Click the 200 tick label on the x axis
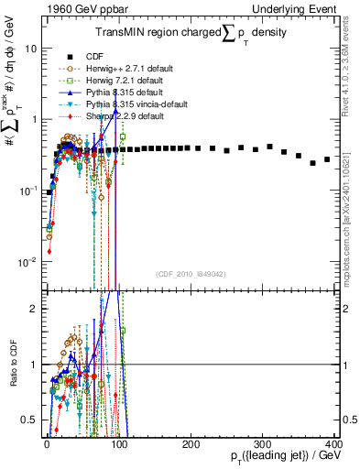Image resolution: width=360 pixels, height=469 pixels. (191, 444)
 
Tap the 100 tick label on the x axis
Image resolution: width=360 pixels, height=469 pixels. (119, 444)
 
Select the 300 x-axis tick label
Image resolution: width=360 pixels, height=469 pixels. (262, 444)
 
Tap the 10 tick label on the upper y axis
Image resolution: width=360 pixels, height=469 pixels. (31, 49)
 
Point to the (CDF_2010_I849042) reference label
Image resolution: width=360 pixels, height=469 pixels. (191, 274)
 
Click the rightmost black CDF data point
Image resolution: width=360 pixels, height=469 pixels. (327, 158)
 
